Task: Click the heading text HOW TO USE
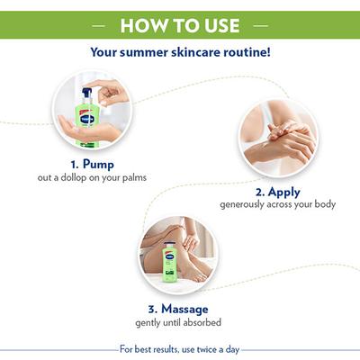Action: (180, 22)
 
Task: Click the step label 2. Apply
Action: (277, 192)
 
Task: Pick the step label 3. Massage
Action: (178, 309)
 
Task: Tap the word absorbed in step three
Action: (202, 322)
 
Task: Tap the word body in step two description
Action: (323, 205)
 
